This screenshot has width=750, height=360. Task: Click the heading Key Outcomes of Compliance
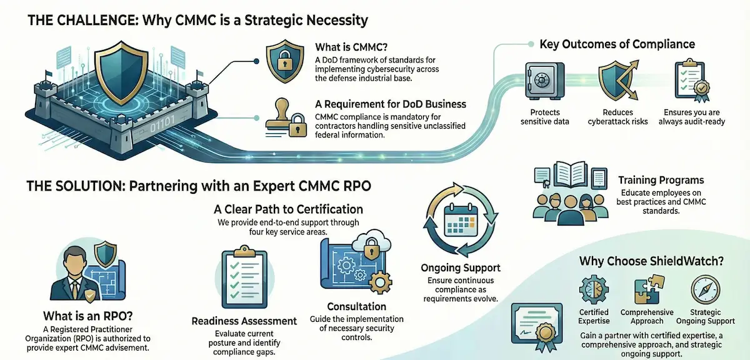coord(617,44)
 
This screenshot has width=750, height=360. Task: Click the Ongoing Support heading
coord(461,268)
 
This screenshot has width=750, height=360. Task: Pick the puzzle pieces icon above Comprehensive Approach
coord(646,291)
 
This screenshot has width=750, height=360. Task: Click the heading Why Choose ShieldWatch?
coord(651,261)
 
